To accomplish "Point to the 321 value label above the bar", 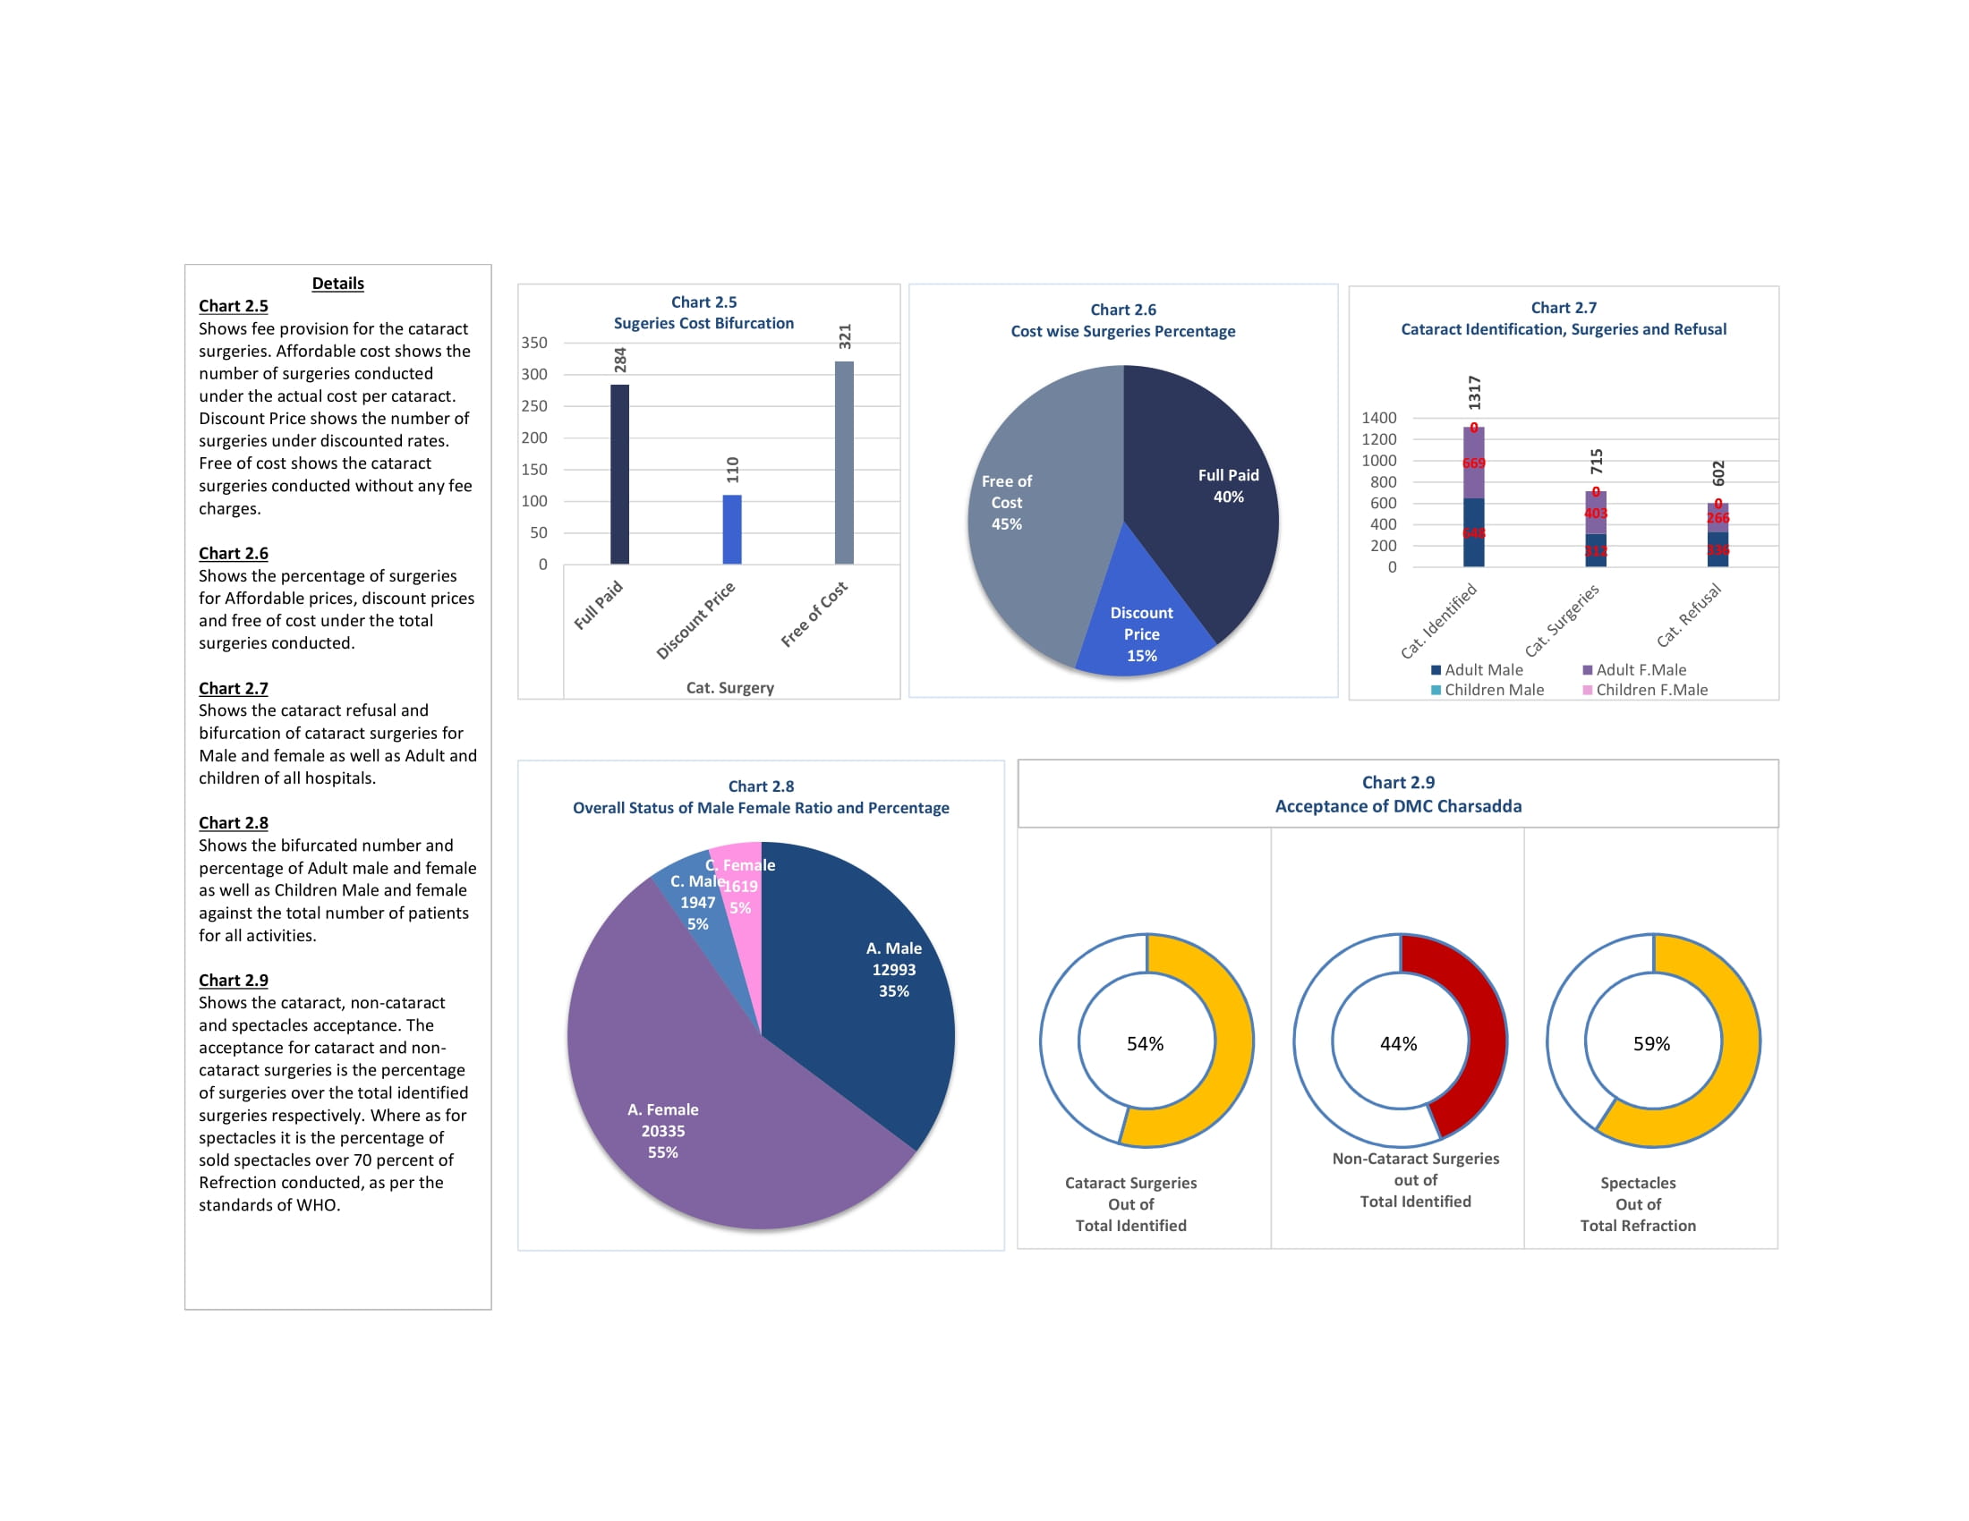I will click(x=845, y=336).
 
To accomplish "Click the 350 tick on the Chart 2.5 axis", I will click(x=533, y=343).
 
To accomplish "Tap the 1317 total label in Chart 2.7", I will click(x=1474, y=393).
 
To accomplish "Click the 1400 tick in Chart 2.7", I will click(x=1378, y=417).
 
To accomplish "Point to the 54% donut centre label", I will click(x=1145, y=1043).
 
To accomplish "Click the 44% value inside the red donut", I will click(x=1398, y=1043).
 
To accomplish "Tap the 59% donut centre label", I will click(x=1651, y=1043).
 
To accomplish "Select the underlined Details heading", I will click(x=338, y=283).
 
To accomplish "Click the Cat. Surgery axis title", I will click(x=730, y=687).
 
